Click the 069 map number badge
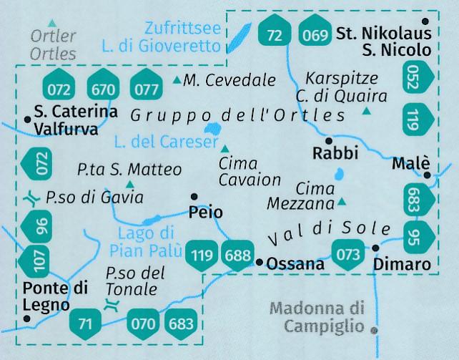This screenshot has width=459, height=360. [315, 34]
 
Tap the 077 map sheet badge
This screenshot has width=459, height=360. [145, 89]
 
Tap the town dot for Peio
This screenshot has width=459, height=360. [194, 196]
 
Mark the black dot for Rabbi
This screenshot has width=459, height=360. [329, 140]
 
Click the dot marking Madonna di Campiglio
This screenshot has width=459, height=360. [373, 330]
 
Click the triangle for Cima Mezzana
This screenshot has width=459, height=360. [342, 202]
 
